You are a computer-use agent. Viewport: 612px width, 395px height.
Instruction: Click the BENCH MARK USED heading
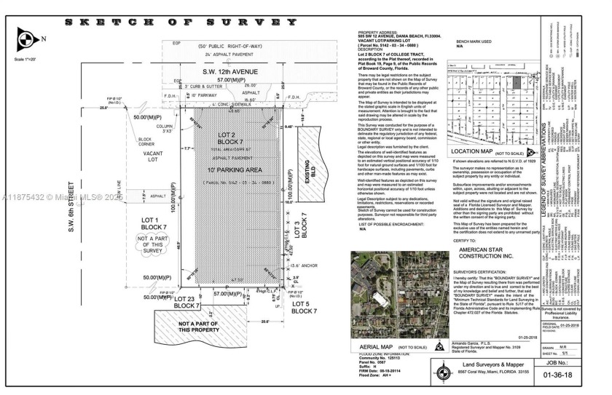tap(473, 41)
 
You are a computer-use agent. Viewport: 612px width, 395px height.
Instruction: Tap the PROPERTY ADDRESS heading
tap(378, 32)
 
